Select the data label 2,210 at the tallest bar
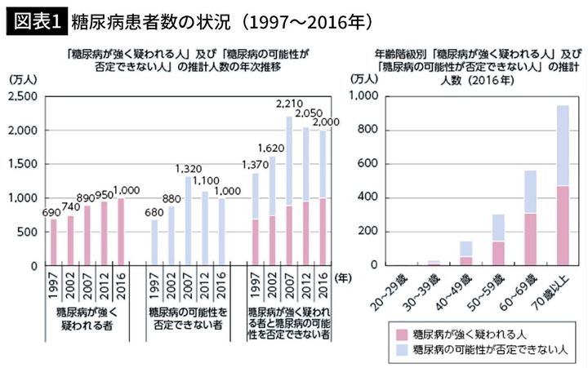coord(289,104)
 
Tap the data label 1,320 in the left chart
coord(188,167)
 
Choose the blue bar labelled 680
coord(155,242)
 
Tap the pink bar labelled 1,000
coord(121,232)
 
